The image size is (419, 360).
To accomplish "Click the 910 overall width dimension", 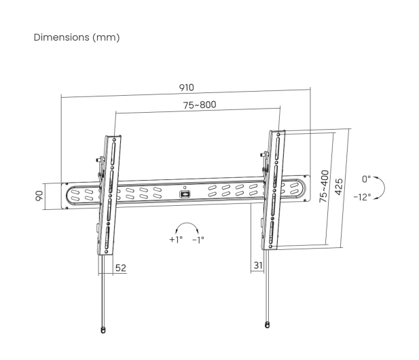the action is coord(186,88).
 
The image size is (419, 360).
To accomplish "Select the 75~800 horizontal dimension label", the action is coord(200,105).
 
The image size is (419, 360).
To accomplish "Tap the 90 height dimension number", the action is coord(39,196).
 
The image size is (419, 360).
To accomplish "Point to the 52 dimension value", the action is coord(120,268).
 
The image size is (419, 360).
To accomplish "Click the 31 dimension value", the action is coord(258,266).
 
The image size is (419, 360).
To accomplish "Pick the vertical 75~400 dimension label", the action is coord(324,186).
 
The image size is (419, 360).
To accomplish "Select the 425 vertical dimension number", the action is coord(339,187).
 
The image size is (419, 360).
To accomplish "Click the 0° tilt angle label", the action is coord(366,179).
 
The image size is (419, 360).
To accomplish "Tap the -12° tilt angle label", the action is coord(363,197).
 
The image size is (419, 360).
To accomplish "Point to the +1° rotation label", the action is coord(176,239).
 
